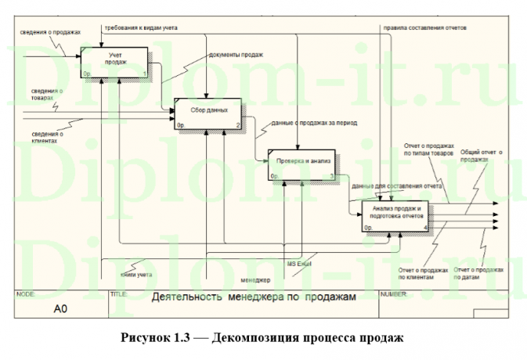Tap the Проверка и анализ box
click(301, 164)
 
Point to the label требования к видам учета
click(139, 27)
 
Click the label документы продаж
click(236, 55)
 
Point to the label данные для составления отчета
click(397, 186)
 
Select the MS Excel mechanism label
click(298, 264)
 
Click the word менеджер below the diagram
click(256, 280)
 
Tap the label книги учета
click(136, 274)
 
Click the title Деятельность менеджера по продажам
click(243, 298)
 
